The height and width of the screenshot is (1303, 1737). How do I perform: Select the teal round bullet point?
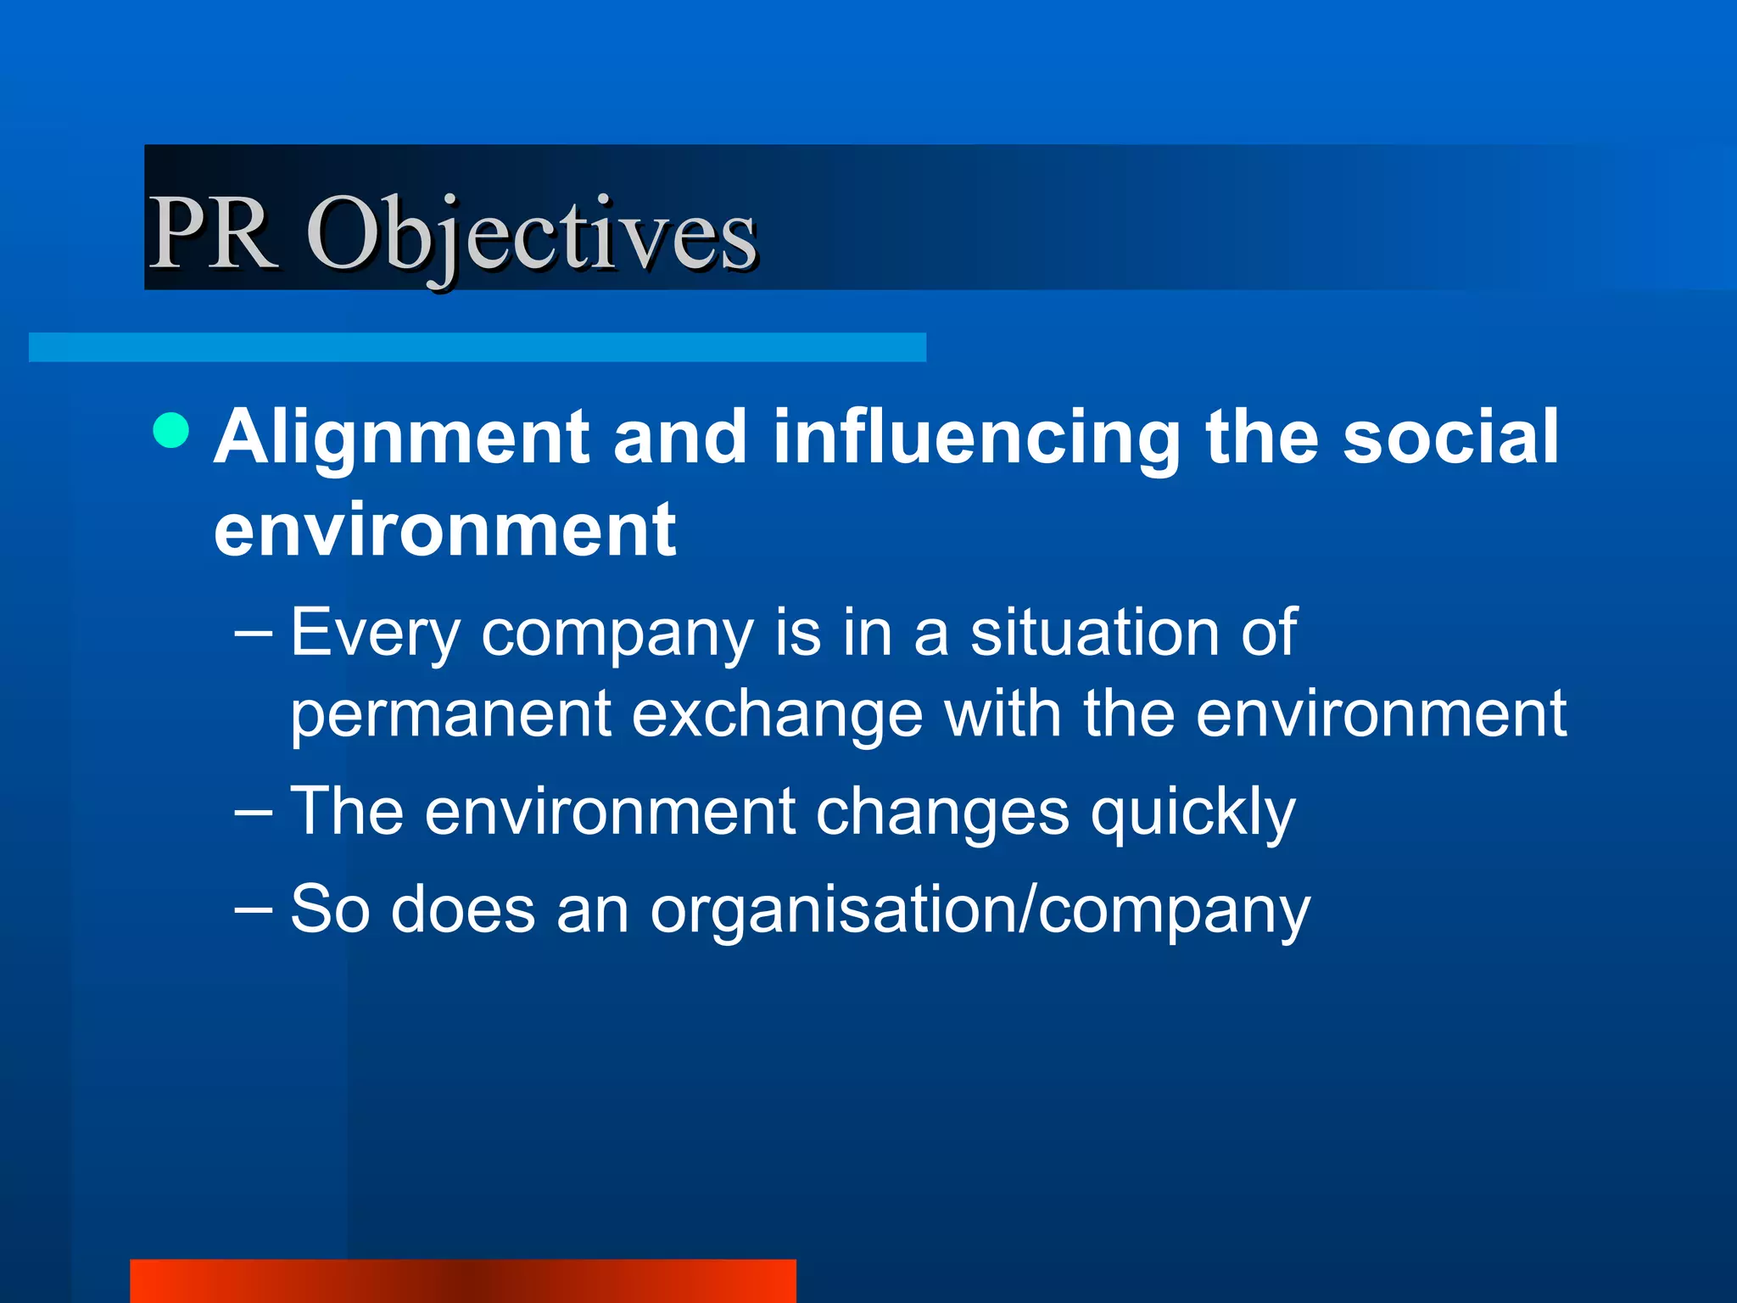pyautogui.click(x=171, y=430)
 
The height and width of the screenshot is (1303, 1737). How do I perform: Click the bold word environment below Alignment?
pyautogui.click(x=445, y=530)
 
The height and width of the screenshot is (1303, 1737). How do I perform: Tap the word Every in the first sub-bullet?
pyautogui.click(x=374, y=634)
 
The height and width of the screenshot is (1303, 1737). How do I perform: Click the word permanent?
pyautogui.click(x=450, y=714)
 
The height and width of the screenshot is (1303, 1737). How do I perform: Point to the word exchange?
pyautogui.click(x=777, y=714)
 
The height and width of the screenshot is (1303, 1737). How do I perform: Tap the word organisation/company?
pyautogui.click(x=980, y=910)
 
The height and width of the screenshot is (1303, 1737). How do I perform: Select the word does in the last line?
pyautogui.click(x=462, y=909)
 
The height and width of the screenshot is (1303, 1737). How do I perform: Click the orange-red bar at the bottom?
pyautogui.click(x=463, y=1281)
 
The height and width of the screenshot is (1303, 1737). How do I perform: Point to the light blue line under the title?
pyautogui.click(x=477, y=348)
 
